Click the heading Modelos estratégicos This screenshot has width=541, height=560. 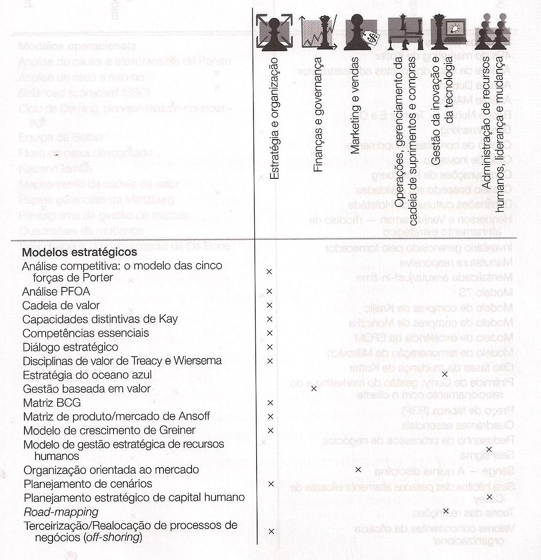click(x=79, y=252)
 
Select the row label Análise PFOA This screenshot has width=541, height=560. click(x=56, y=292)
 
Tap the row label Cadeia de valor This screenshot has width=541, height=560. click(x=61, y=305)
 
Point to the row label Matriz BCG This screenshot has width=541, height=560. click(x=52, y=402)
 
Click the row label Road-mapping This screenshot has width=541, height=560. click(x=61, y=511)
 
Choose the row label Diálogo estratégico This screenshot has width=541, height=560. click(x=70, y=347)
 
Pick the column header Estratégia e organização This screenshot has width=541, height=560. click(x=274, y=118)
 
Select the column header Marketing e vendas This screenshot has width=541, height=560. click(x=355, y=105)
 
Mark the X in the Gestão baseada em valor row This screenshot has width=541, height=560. click(x=314, y=389)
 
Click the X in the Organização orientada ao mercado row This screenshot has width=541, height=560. click(x=358, y=470)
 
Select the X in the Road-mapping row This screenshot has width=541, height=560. click(x=445, y=511)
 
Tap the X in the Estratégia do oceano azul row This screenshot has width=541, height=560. click(x=445, y=374)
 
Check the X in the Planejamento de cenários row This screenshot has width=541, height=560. click(x=271, y=484)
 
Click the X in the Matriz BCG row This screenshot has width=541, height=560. click(x=270, y=403)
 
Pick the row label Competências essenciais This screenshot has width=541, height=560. click(x=85, y=333)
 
